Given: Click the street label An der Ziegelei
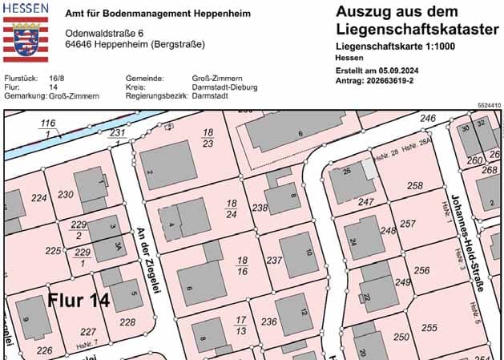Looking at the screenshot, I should pos(147,257).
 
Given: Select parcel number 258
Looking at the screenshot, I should pos(414,186).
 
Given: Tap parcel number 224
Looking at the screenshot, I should pos(38,197).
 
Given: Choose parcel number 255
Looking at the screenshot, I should pos(429,327).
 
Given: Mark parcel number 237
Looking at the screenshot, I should pos(274,261).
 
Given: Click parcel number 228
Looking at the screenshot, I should pos(127,322).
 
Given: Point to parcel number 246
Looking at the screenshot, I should pos(428,119).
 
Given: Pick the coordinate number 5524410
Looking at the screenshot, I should pos(488,105).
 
